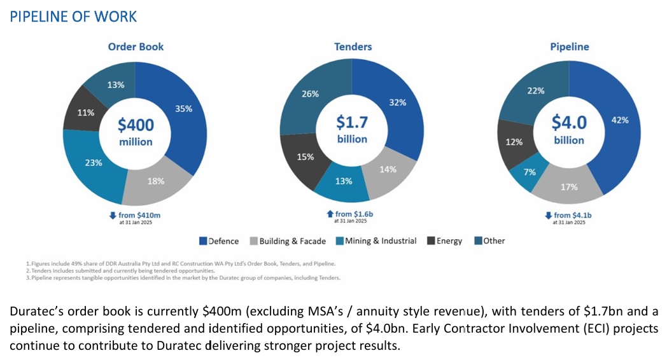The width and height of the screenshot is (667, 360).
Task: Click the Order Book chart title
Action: coord(136,46)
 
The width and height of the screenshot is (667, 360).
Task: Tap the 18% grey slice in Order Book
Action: coord(156,181)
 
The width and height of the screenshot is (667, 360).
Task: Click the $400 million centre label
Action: coord(136,132)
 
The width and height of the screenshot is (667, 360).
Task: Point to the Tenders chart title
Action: coord(353,46)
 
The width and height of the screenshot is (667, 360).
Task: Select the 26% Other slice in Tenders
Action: coord(310,94)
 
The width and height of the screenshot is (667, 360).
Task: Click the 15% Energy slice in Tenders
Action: coord(305,157)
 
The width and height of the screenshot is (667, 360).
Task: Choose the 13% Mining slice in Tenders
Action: coord(344,181)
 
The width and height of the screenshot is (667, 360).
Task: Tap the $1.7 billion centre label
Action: coord(352,128)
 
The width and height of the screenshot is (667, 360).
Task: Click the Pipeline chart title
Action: coord(570,46)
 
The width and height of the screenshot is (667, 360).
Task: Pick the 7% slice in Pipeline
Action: coord(530,172)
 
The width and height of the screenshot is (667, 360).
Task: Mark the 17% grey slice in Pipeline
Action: coord(569,187)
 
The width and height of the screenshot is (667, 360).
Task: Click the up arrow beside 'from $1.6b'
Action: coord(330,214)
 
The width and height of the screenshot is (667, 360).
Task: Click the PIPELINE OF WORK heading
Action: coord(73,17)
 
